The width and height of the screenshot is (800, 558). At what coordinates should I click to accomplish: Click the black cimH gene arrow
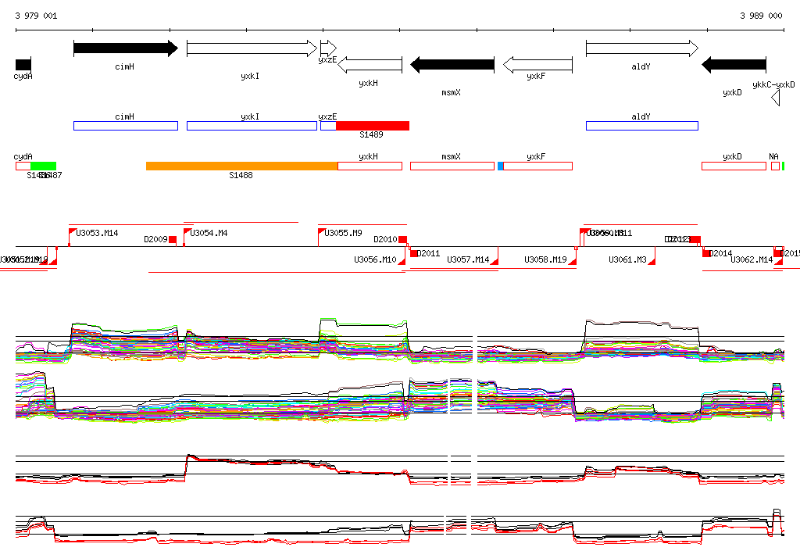125,48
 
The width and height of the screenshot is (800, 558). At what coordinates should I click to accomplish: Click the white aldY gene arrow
641,48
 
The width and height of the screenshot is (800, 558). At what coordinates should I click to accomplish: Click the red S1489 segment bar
373,126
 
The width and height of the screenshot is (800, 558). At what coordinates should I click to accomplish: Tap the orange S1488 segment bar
241,166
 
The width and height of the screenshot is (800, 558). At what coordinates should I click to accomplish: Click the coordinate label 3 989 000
760,16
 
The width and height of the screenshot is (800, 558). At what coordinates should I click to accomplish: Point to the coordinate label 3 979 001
36,16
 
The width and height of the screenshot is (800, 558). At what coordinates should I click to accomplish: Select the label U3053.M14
97,233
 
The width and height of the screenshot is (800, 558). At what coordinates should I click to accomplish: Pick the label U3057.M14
467,259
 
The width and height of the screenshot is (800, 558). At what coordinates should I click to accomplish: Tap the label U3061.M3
627,259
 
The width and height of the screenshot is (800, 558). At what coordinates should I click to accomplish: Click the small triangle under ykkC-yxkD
775,98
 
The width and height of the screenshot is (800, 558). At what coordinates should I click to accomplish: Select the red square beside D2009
173,240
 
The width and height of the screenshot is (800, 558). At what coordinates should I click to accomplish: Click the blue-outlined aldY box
641,126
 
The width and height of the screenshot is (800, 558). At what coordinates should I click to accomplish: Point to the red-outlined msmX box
452,166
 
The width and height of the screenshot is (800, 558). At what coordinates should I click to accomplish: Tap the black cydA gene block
23,64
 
